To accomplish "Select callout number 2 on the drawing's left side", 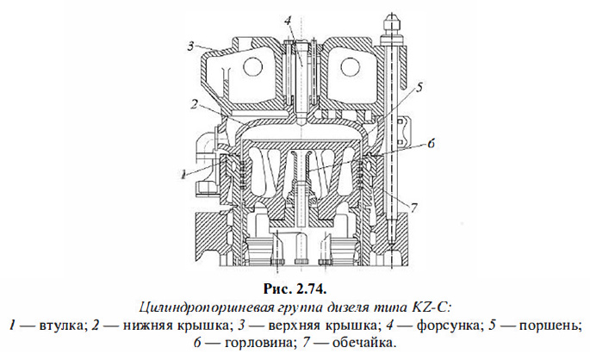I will tap(196, 105).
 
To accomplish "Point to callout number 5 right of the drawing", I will tap(419, 87).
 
